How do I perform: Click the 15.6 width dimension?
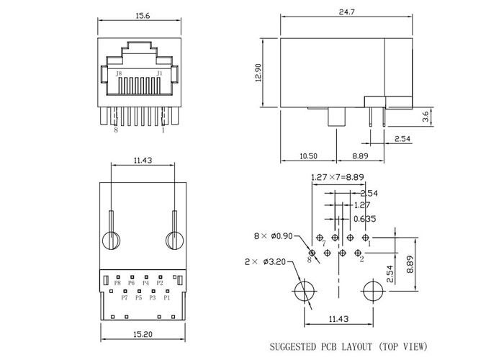143,16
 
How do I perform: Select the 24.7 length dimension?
347,12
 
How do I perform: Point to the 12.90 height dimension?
258,73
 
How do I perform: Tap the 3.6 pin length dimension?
426,117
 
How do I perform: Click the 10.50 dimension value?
308,156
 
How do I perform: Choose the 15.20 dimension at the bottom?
143,334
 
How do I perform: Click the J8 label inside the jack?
119,73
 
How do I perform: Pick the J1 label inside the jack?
159,73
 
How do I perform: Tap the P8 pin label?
117,283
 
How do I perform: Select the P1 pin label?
167,297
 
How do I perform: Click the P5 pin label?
138,297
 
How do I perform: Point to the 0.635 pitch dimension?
364,219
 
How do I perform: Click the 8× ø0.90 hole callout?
273,236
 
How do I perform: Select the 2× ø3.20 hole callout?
265,262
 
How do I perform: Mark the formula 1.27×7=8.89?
338,177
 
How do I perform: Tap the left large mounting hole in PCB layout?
304,291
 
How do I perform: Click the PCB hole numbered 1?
365,238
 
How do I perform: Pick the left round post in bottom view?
111,240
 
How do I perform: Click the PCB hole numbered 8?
312,253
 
